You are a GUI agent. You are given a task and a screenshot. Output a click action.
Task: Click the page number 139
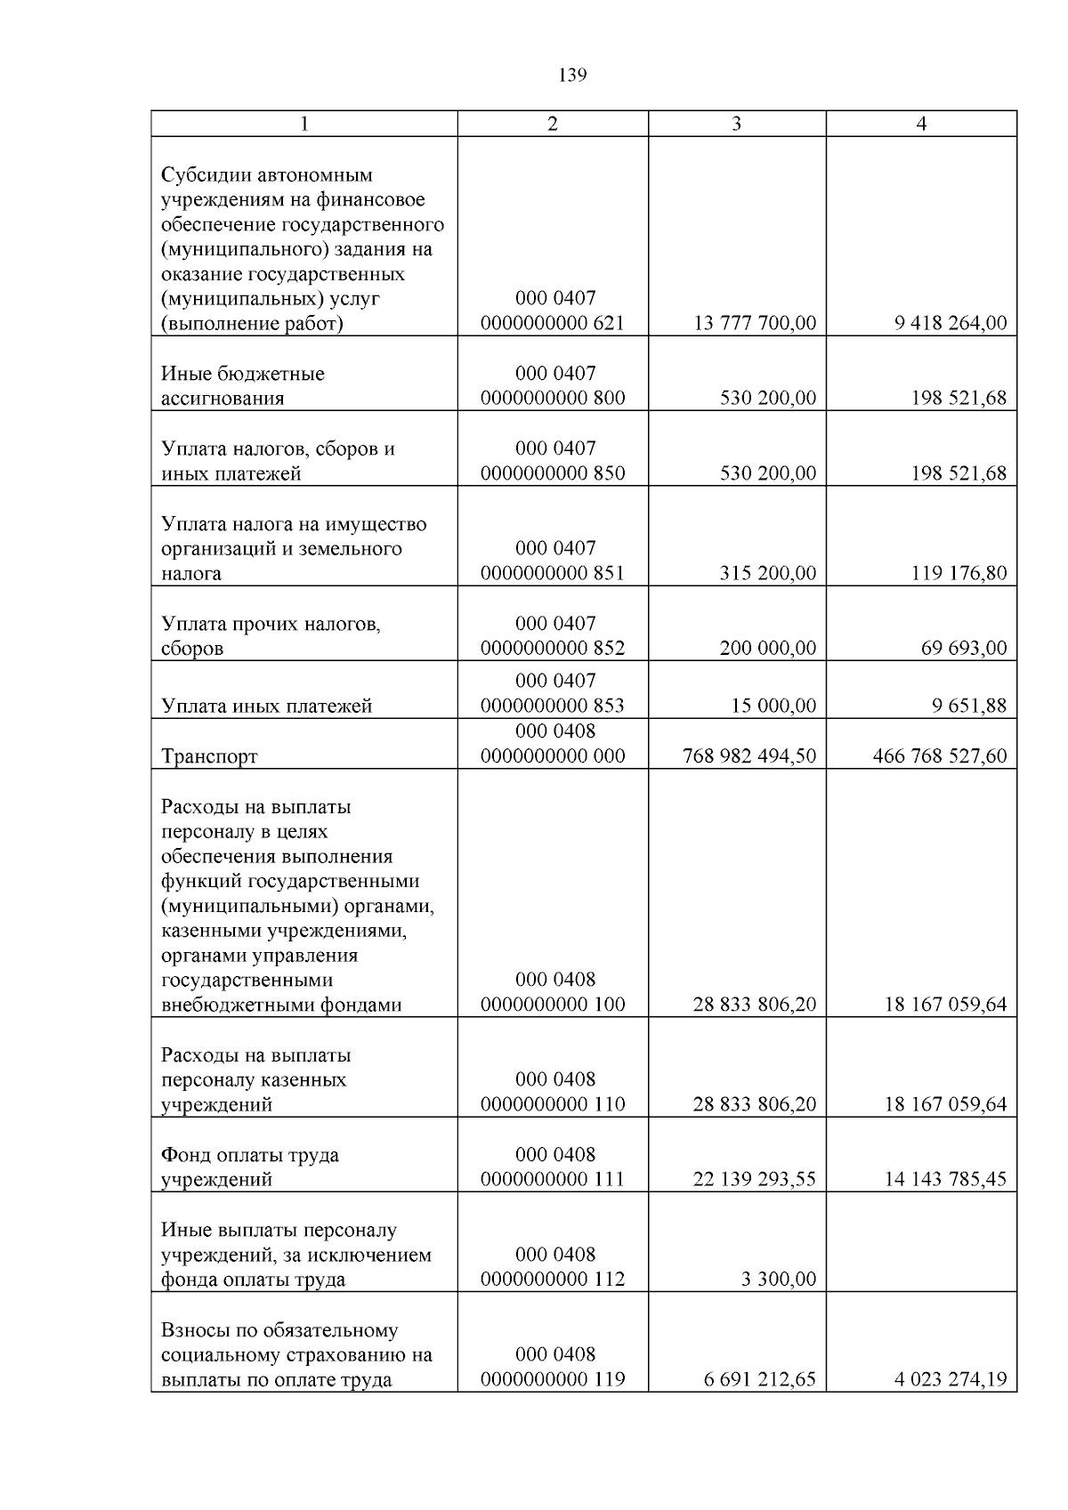[x=572, y=76]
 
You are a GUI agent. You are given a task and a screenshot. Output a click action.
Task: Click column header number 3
[x=736, y=124]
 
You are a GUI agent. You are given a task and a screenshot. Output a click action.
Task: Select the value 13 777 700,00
[x=754, y=323]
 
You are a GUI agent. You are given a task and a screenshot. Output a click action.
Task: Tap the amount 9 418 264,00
[x=951, y=323]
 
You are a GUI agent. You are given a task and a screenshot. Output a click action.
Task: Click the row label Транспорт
[x=209, y=756]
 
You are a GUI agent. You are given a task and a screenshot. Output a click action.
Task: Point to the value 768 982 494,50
[x=748, y=756]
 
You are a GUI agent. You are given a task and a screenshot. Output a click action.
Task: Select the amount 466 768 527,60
[x=940, y=756]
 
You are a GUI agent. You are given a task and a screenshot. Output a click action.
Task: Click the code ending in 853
[x=553, y=706]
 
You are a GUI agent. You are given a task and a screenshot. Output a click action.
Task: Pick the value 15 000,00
[x=773, y=706]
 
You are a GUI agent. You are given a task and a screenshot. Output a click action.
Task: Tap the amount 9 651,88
[x=969, y=706]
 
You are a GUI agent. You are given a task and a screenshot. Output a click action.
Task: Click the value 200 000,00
[x=767, y=648]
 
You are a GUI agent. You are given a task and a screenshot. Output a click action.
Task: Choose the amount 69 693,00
[x=964, y=648]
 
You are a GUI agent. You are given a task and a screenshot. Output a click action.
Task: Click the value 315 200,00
[x=767, y=573]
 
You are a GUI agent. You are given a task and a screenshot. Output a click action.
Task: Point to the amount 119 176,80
[x=959, y=573]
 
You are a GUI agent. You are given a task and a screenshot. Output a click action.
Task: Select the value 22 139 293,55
[x=754, y=1180]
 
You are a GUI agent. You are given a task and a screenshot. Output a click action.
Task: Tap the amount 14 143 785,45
[x=945, y=1180]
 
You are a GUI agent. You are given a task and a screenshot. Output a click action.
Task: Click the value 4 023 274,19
[x=951, y=1380]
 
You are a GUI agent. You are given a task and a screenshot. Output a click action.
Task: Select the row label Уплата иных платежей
[x=266, y=707]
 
